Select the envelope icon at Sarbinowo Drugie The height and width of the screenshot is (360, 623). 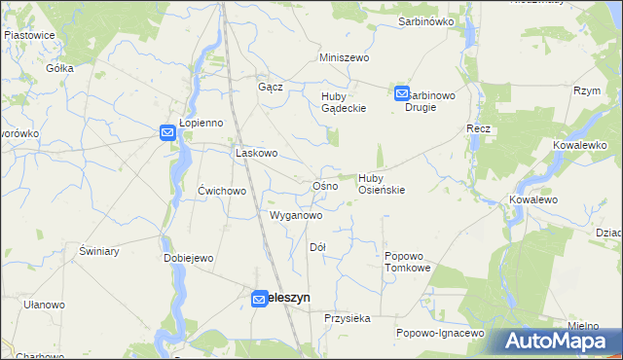point(402,93)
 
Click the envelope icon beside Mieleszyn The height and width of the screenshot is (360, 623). point(259,300)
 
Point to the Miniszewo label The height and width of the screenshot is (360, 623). point(346,57)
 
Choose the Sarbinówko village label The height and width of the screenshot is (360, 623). point(426,20)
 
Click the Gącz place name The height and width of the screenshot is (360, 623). point(270,87)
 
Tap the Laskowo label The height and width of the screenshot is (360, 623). point(257,153)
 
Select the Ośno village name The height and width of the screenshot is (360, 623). point(324,185)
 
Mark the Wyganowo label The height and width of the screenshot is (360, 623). point(295,214)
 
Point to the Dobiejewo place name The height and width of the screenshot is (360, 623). point(189,258)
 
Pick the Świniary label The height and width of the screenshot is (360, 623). point(99,251)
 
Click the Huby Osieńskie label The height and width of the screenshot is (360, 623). point(382,184)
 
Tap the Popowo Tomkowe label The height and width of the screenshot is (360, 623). point(407,260)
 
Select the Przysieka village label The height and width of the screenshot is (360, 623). point(348,318)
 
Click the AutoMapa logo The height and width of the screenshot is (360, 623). point(556,342)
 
